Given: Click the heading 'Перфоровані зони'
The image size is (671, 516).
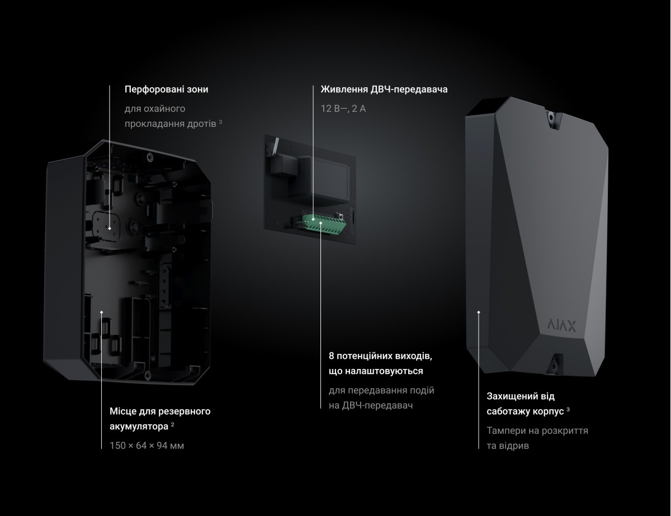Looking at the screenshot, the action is [166, 89].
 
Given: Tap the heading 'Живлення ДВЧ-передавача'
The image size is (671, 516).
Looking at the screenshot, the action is [384, 89].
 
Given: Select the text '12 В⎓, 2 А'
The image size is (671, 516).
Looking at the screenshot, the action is [343, 108].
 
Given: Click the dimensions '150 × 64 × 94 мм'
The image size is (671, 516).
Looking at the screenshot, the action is [147, 446].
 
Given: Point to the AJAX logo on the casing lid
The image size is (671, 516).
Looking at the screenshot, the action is [561, 325].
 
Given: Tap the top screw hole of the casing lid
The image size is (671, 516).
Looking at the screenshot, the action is [551, 117].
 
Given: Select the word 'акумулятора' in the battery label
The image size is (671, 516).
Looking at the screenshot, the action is [139, 427].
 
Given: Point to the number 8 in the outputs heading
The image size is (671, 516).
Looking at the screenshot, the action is [332, 356].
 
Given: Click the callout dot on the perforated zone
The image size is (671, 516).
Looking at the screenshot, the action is [109, 229].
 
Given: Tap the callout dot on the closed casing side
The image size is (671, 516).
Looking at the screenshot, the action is [479, 313].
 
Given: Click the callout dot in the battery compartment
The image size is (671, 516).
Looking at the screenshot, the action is [101, 313].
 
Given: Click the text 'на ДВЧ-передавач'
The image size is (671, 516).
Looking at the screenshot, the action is [371, 405].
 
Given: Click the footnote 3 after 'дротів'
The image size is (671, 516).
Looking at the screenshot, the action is [220, 122].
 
